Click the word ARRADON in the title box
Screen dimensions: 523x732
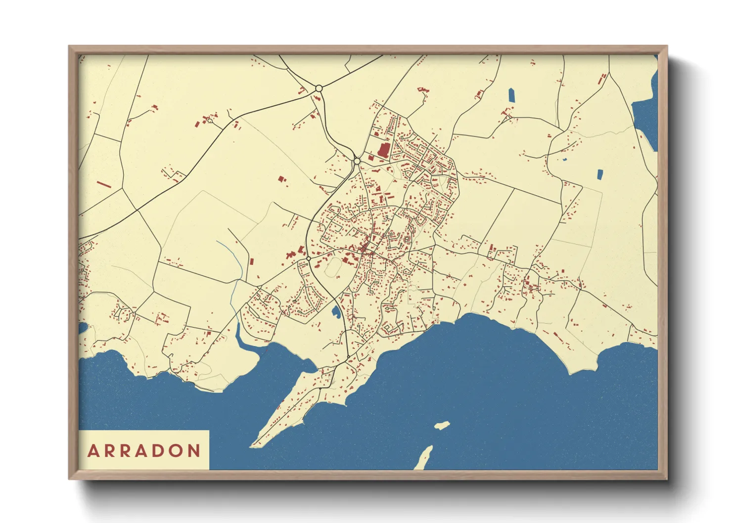144,451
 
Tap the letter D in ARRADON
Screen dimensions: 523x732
158,451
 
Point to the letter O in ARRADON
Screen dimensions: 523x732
176,451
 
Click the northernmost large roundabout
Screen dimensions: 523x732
319,88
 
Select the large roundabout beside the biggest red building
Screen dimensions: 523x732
357,161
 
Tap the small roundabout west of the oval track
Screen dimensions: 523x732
309,259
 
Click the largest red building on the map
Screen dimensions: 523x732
383,150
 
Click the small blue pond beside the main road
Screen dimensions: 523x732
336,311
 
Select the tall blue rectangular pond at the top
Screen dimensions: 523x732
511,95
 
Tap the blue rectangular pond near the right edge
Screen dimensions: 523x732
600,174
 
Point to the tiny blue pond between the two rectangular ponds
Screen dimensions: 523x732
565,160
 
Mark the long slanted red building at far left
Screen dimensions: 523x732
103,184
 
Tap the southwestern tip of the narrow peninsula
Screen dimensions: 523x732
252,446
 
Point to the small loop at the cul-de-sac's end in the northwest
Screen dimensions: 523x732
210,121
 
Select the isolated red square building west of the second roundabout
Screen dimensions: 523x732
281,179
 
